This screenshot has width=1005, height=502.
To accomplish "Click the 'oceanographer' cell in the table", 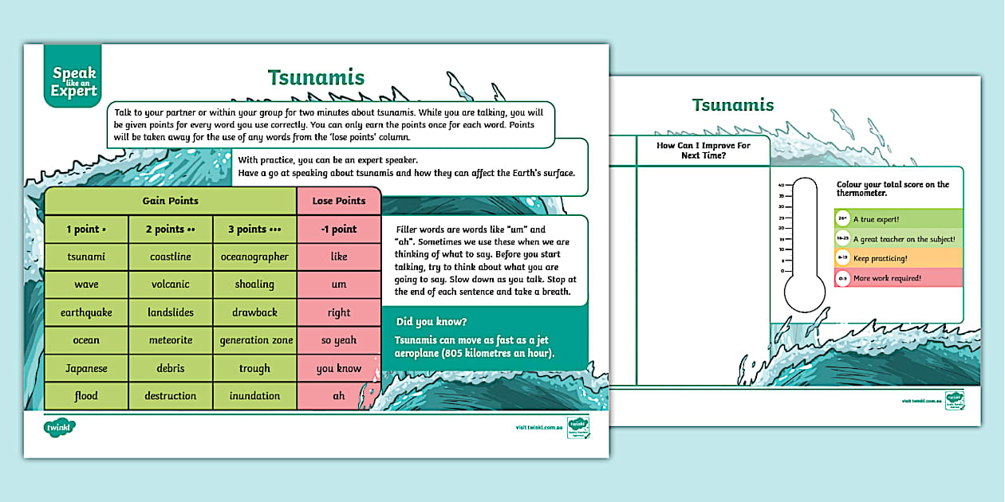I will tap(254, 257).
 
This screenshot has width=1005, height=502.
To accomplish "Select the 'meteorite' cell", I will tap(170, 340).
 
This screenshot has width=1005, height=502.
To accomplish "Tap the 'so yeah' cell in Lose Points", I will tap(339, 340).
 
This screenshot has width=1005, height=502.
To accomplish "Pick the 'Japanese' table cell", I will tap(86, 368).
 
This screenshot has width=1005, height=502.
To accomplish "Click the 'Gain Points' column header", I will tap(170, 201).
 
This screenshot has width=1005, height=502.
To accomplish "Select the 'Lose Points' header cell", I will tap(339, 201).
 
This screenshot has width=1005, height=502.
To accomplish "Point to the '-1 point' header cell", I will tap(339, 229).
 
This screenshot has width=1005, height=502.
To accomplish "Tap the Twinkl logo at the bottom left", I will tap(61, 428).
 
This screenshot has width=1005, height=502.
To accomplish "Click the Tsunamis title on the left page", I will tap(316, 77).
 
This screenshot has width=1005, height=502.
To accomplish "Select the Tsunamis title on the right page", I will tap(732, 105).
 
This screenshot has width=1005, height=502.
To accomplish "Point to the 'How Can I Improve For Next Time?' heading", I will tap(703, 151).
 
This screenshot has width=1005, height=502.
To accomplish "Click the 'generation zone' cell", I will tap(256, 340).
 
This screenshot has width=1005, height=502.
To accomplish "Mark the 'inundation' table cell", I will tap(254, 396).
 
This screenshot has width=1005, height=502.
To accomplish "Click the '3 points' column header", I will tap(254, 229).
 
